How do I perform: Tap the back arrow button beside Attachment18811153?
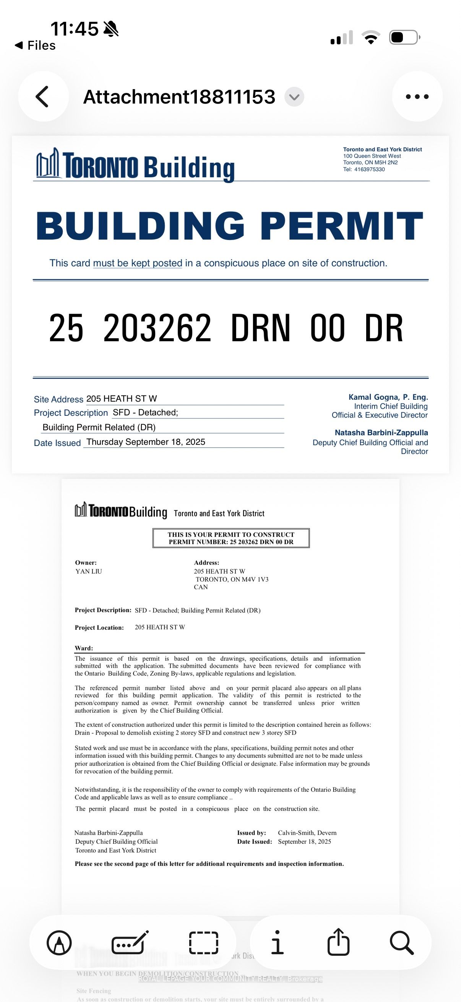point(43,96)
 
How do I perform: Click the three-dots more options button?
point(417,96)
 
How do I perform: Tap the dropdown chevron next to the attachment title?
point(294,97)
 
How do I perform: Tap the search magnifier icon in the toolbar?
point(401,942)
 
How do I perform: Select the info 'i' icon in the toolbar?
point(277,942)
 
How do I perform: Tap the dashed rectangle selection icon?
point(203,942)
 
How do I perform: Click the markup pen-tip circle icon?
point(59,943)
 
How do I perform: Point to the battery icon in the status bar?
point(404,37)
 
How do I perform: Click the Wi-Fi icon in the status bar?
point(371,37)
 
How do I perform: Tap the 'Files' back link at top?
point(36,45)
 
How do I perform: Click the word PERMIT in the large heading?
point(341,226)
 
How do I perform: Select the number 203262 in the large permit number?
point(157,328)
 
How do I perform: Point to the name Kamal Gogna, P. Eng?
point(388,397)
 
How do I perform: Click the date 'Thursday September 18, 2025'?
point(146,442)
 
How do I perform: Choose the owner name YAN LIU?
point(89,571)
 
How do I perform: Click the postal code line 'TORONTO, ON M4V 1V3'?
point(232,579)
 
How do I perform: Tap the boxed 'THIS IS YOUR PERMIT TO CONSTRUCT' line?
point(231,535)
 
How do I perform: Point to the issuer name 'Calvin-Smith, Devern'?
point(307,833)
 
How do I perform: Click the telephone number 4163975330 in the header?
point(369,169)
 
